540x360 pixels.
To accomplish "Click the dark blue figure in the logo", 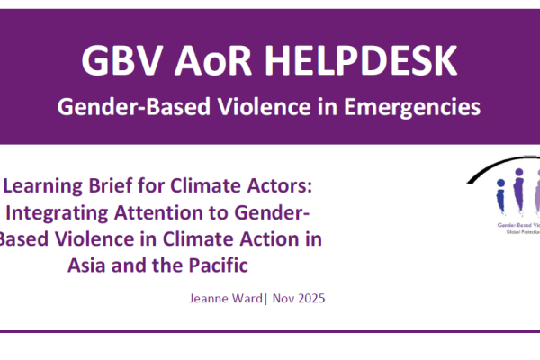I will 500,197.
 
